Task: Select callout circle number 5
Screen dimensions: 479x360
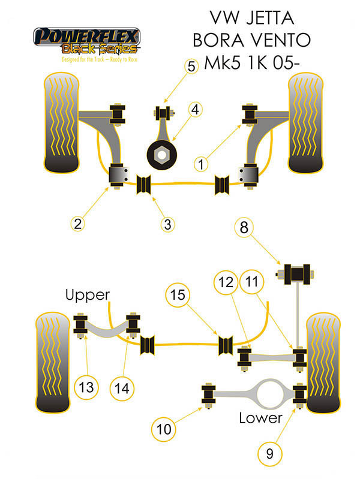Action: (191, 66)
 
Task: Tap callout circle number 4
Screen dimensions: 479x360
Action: (196, 110)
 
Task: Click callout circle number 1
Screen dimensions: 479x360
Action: (203, 162)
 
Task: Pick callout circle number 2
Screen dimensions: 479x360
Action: (77, 224)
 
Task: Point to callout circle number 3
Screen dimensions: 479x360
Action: (167, 224)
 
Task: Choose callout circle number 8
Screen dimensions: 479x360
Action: (244, 228)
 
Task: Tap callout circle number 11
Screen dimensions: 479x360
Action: (251, 282)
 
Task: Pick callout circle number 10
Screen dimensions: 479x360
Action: (164, 429)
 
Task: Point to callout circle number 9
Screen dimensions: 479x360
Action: (269, 454)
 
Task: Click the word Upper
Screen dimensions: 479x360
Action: (88, 294)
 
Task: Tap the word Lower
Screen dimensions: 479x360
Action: (260, 417)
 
